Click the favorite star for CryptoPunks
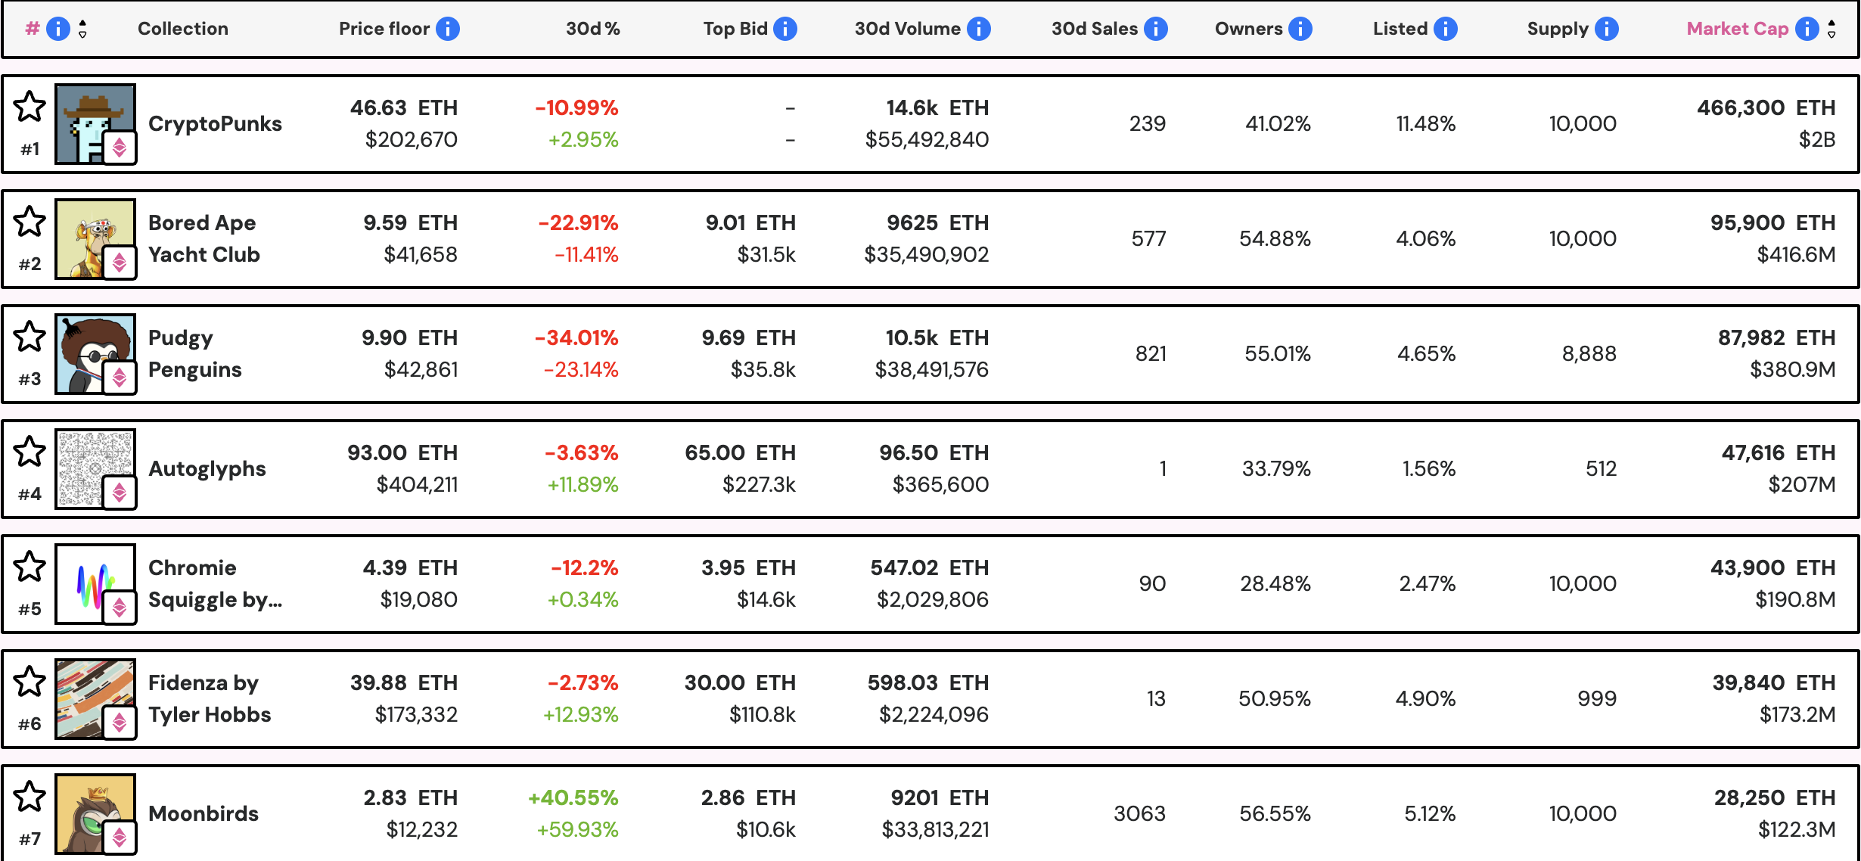point(30,107)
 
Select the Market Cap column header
point(1737,29)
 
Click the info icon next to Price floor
point(448,29)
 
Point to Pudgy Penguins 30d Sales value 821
point(1150,353)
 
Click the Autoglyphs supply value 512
point(1600,468)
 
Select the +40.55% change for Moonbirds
point(573,797)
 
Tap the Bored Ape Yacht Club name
point(203,238)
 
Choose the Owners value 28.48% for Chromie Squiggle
point(1275,583)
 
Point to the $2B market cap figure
point(1816,139)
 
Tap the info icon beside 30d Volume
point(979,29)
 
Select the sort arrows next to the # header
point(82,29)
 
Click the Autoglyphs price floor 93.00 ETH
point(402,452)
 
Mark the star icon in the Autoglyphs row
point(30,452)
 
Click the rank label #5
point(30,609)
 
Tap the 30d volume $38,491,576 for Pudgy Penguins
point(931,369)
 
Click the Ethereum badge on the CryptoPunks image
point(120,148)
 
